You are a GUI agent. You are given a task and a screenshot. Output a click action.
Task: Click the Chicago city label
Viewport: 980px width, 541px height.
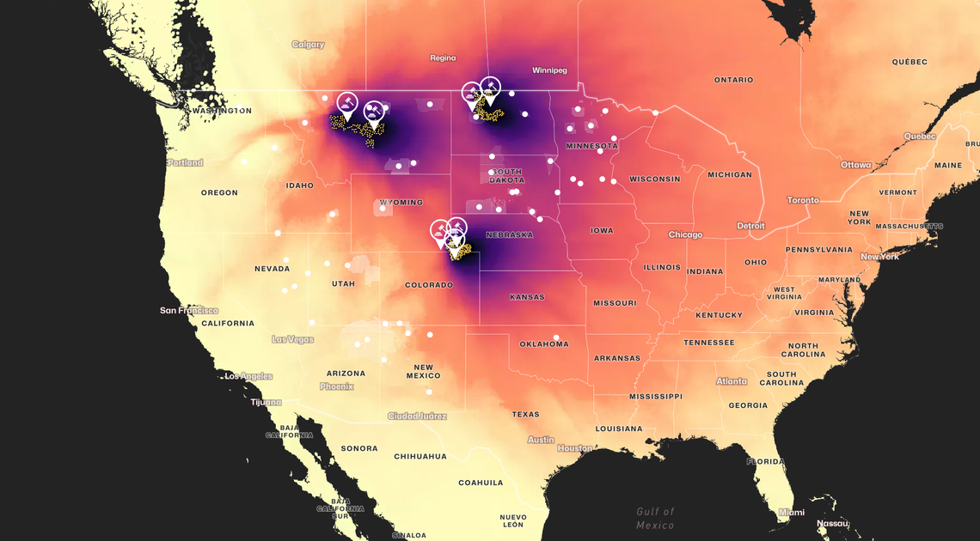685,234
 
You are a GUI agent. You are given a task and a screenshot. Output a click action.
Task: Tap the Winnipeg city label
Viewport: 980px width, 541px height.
549,70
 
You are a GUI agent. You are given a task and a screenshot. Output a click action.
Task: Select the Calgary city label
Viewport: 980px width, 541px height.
308,45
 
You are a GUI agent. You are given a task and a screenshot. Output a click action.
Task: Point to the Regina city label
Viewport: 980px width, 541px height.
443,58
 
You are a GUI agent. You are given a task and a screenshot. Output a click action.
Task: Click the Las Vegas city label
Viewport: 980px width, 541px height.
292,339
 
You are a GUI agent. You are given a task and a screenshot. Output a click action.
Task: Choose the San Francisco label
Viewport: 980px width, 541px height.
189,310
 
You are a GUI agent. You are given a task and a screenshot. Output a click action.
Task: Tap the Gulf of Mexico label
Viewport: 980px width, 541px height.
655,518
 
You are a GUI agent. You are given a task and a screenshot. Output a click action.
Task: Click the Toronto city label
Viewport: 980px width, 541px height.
803,200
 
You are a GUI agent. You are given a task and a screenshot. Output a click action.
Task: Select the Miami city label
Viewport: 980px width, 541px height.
791,513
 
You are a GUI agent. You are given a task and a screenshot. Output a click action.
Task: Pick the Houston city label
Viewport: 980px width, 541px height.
574,448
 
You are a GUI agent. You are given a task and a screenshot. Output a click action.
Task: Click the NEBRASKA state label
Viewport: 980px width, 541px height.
509,234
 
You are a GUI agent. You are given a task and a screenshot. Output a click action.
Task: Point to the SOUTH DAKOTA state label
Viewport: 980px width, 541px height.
506,175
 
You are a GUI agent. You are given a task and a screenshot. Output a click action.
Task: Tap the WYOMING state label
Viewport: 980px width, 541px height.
401,203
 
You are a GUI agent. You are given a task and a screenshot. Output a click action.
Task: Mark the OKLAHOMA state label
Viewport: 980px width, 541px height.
543,344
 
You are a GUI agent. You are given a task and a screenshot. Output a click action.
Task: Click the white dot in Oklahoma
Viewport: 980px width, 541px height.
556,337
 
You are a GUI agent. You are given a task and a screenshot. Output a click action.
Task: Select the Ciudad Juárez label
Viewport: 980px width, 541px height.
417,416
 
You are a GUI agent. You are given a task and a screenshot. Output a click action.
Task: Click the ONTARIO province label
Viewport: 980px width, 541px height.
733,80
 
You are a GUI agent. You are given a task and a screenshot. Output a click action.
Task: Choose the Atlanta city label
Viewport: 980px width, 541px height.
732,381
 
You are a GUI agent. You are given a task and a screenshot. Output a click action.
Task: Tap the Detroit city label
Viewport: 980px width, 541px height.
750,226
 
